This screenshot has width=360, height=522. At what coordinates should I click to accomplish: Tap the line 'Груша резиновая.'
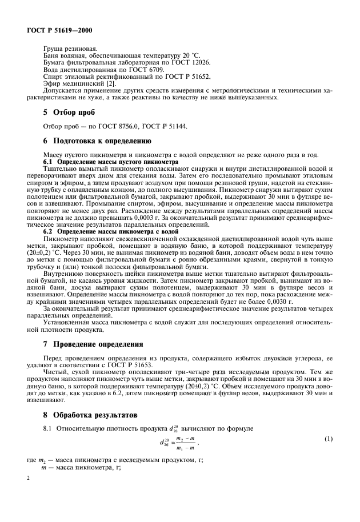click(x=70, y=50)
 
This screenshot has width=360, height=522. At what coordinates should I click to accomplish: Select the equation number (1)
click(x=328, y=439)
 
